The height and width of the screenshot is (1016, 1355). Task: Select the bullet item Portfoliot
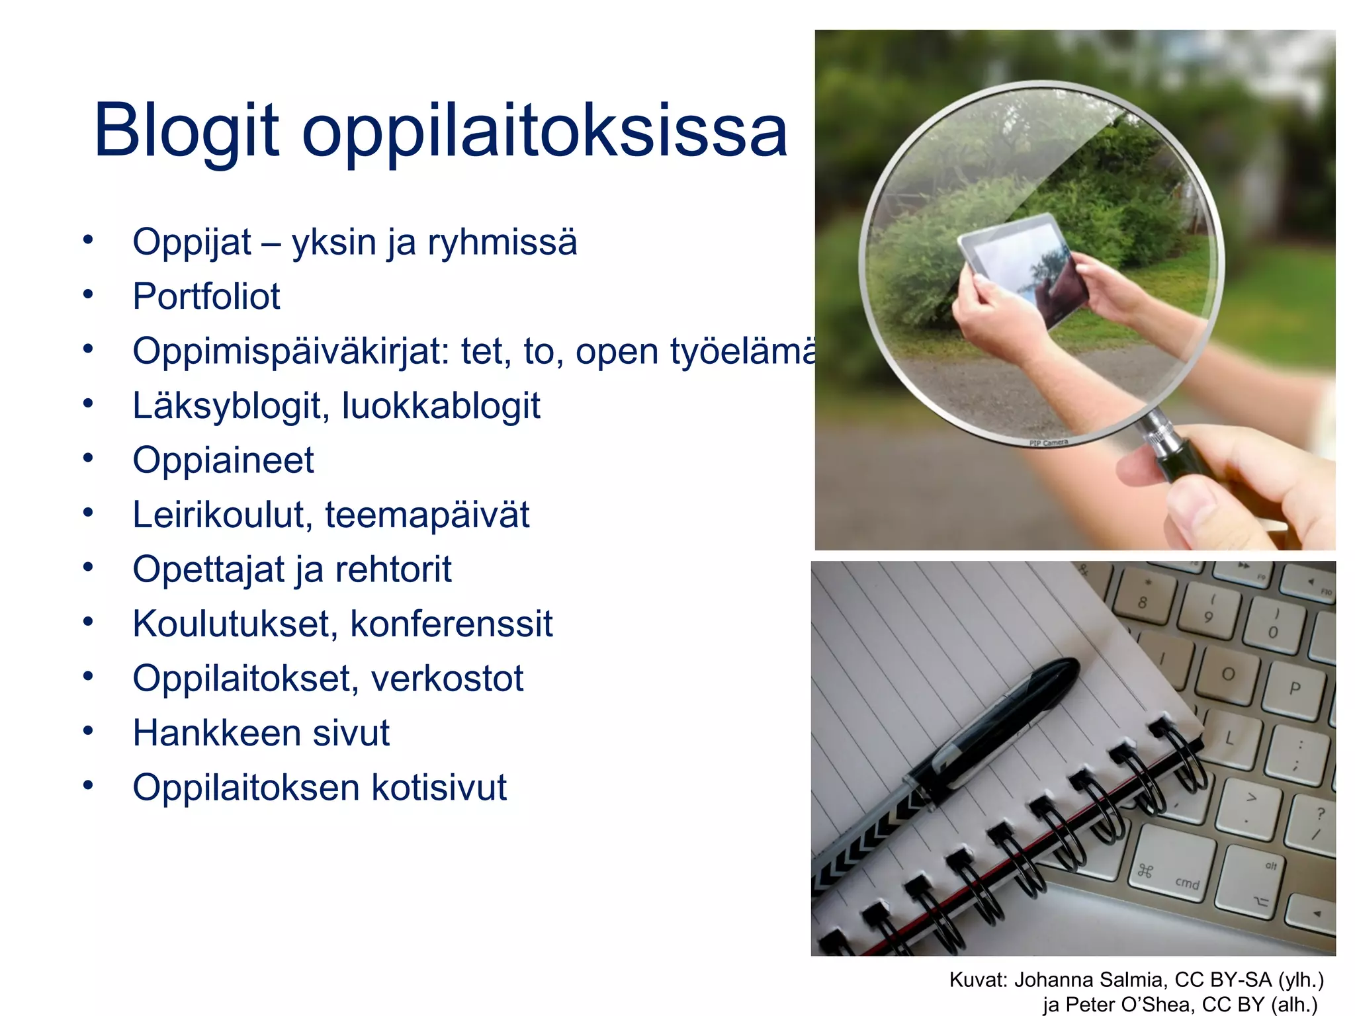click(x=206, y=296)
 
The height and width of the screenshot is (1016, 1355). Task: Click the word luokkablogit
click(x=441, y=405)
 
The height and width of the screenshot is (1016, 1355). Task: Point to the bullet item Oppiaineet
click(x=223, y=460)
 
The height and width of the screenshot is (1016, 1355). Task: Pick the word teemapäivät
click(x=427, y=515)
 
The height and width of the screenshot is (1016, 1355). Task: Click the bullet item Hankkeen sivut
click(x=261, y=733)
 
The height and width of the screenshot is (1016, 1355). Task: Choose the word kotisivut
click(x=438, y=788)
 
